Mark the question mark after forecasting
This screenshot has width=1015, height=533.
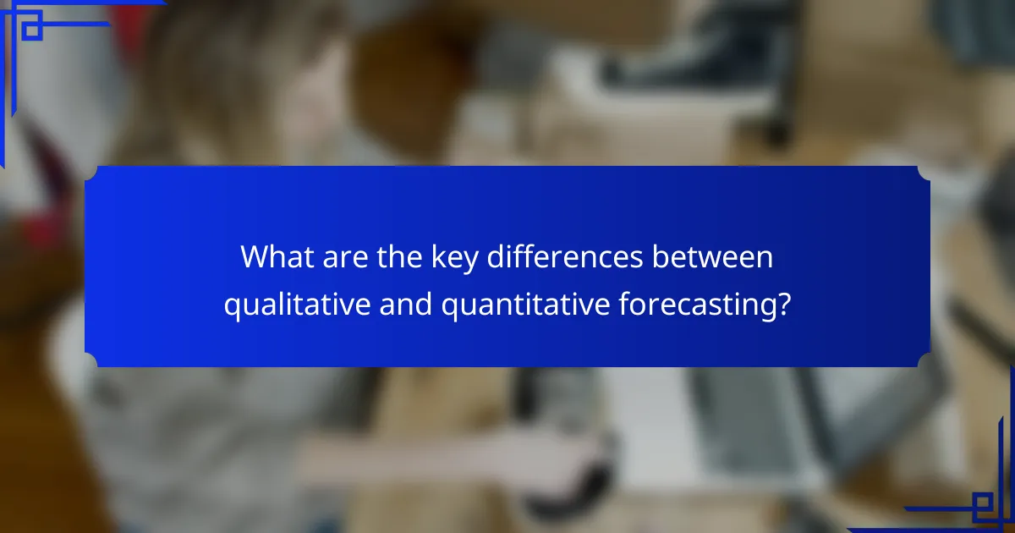click(x=784, y=304)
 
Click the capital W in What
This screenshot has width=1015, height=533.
click(x=254, y=257)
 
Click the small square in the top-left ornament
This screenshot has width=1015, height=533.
click(x=31, y=29)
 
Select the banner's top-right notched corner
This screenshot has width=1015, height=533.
click(x=924, y=173)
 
